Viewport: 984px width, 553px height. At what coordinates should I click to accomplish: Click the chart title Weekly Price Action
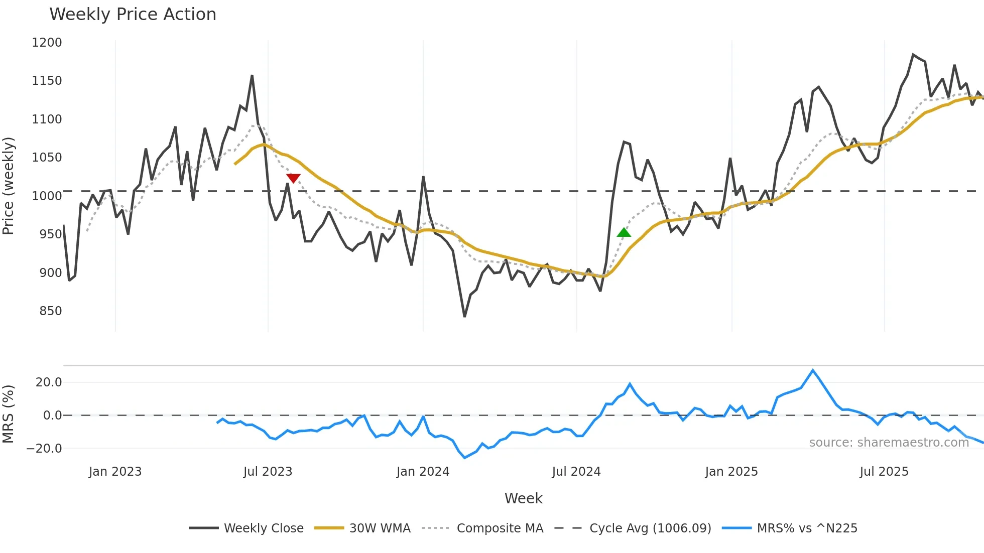click(x=133, y=15)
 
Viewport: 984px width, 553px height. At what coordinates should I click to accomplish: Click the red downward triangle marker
click(x=293, y=178)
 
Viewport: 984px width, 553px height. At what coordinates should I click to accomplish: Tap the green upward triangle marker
click(x=624, y=232)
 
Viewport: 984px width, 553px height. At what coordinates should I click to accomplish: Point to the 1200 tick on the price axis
click(x=47, y=43)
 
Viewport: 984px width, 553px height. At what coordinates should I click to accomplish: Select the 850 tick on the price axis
click(x=51, y=311)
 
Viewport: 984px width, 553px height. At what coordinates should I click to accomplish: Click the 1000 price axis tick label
click(x=47, y=196)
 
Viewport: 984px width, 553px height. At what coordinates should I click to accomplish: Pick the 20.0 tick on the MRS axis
click(x=49, y=382)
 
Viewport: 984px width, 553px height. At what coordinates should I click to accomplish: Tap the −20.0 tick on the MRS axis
click(x=44, y=449)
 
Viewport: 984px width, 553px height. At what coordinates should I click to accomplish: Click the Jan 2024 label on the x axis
click(x=423, y=472)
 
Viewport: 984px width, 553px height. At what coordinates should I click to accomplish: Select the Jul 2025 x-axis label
click(x=884, y=472)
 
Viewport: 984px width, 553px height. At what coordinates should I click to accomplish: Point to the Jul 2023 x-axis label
click(x=268, y=472)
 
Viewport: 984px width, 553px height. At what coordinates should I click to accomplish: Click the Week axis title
click(x=523, y=498)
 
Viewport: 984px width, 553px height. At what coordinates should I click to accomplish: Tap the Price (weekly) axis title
click(x=9, y=186)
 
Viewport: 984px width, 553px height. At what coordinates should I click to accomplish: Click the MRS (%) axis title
click(x=9, y=414)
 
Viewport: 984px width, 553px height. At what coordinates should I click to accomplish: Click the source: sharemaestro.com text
click(x=889, y=443)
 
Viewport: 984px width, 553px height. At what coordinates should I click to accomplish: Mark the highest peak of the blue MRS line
click(x=813, y=370)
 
